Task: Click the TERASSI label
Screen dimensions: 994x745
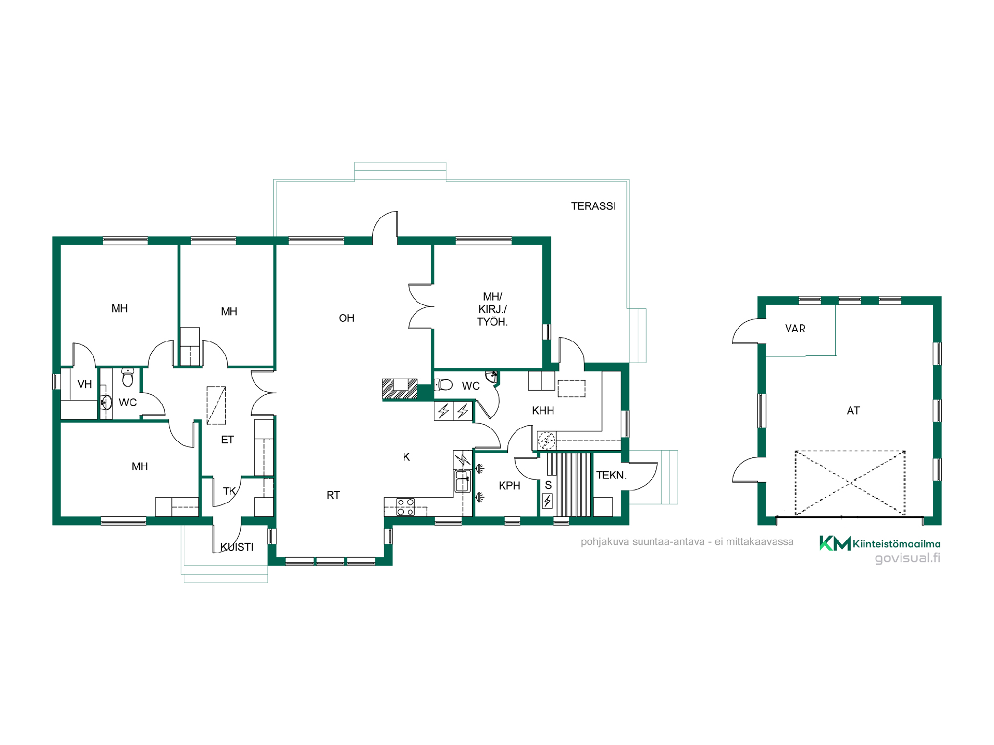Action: tap(593, 206)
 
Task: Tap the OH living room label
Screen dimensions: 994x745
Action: tap(347, 318)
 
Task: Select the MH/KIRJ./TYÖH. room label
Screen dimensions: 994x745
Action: tap(492, 309)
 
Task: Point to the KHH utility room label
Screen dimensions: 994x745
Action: tap(543, 411)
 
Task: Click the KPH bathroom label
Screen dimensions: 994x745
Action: tap(509, 486)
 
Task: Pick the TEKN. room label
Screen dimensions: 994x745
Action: tap(611, 475)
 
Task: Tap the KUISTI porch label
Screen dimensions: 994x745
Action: tap(237, 547)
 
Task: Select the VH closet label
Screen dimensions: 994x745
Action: tap(84, 384)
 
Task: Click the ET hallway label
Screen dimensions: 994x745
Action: tap(227, 440)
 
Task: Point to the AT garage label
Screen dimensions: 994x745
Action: tap(853, 411)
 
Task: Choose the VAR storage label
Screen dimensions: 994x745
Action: tap(795, 329)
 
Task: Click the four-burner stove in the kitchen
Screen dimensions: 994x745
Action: tap(405, 507)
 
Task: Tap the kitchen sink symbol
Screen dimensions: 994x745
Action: tap(462, 481)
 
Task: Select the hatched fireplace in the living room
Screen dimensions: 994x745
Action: tap(400, 389)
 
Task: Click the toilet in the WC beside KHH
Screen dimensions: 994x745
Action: tap(444, 384)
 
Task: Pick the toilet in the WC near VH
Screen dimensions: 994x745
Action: tap(127, 378)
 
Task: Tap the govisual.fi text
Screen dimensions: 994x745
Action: tap(908, 558)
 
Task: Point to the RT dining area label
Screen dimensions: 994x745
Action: tap(333, 496)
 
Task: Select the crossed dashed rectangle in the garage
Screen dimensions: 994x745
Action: tap(850, 483)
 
